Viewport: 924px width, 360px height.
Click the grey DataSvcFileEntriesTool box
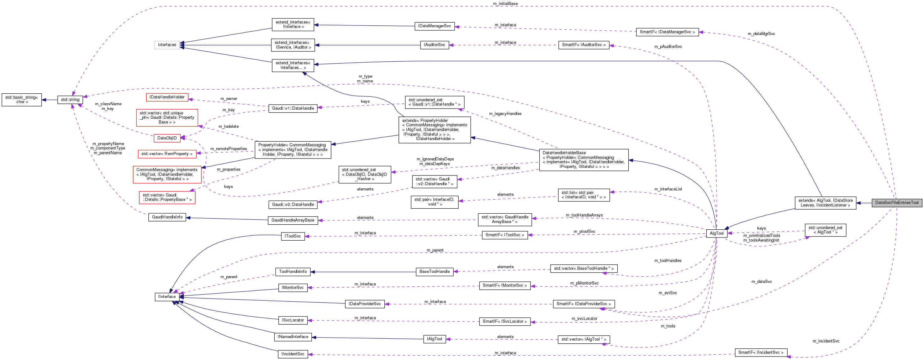tap(896, 203)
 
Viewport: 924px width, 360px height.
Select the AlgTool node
tap(716, 233)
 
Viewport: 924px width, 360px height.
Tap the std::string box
tap(70, 100)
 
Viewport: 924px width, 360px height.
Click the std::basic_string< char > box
tap(22, 100)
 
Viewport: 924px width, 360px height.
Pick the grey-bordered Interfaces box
tap(167, 45)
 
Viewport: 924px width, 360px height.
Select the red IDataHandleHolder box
tap(167, 97)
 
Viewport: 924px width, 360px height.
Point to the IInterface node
tap(167, 296)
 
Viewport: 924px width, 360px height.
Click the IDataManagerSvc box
tap(434, 26)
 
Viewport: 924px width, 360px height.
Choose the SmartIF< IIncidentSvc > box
tap(760, 352)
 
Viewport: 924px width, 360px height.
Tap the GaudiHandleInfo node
tap(167, 217)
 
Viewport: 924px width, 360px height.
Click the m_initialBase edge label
tap(505, 3)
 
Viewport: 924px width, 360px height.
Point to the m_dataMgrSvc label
tap(761, 34)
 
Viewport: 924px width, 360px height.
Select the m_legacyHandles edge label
tap(505, 114)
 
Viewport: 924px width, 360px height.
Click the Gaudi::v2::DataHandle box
tap(293, 204)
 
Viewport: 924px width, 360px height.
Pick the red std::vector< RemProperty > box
tap(167, 154)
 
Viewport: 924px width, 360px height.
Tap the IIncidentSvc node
tap(293, 354)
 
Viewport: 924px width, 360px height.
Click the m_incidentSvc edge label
tap(826, 341)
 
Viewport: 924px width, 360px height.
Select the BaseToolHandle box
tap(434, 271)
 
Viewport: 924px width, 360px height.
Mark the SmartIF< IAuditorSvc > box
tap(583, 45)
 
